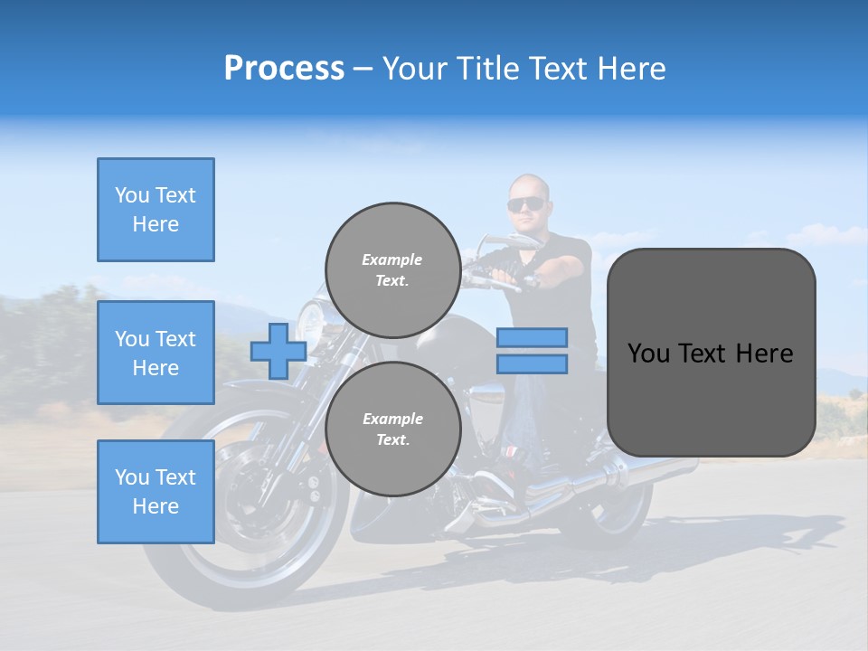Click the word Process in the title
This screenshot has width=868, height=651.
pyautogui.click(x=284, y=69)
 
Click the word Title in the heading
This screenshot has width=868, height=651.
pyautogui.click(x=486, y=69)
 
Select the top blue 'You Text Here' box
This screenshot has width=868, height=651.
pyautogui.click(x=156, y=210)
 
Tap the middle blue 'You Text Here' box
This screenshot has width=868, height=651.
pyautogui.click(x=156, y=353)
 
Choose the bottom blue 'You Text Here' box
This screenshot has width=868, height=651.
pyautogui.click(x=156, y=491)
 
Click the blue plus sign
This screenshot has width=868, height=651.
pyautogui.click(x=278, y=351)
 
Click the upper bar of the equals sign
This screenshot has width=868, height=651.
pyautogui.click(x=532, y=337)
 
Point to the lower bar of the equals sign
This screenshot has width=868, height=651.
pyautogui.click(x=532, y=364)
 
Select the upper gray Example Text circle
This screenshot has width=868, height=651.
pyautogui.click(x=392, y=269)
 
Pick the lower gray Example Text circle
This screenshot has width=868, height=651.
pyautogui.click(x=392, y=429)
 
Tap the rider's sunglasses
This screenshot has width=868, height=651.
pyautogui.click(x=526, y=204)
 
